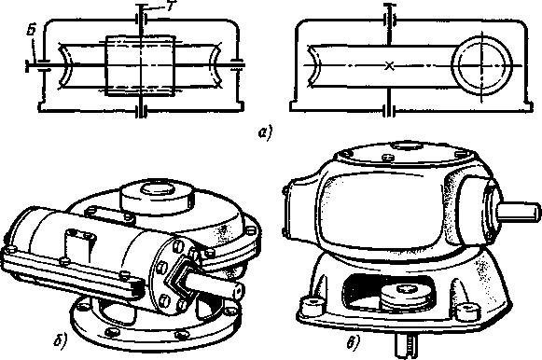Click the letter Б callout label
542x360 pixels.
click(32, 31)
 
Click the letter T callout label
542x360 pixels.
click(169, 7)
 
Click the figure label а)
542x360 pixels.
click(266, 133)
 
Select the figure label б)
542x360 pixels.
click(61, 340)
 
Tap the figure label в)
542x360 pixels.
click(353, 341)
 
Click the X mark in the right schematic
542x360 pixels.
click(390, 65)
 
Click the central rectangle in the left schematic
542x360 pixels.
click(140, 65)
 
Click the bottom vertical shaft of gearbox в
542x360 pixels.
click(406, 346)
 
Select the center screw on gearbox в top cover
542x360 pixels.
click(387, 157)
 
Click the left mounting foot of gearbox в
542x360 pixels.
click(314, 305)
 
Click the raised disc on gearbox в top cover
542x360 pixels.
click(407, 145)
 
